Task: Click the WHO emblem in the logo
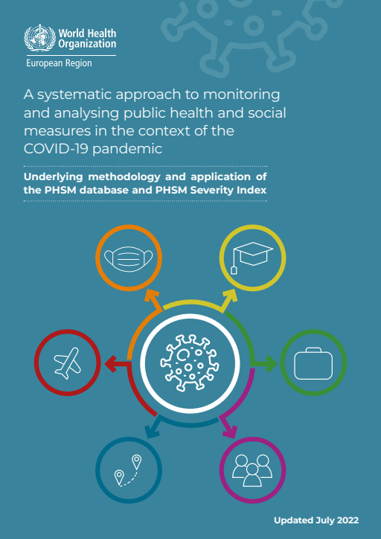pos(39,38)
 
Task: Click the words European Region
pos(59,63)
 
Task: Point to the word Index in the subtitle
pos(254,190)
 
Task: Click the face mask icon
pos(129,258)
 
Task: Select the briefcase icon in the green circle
pos(313,363)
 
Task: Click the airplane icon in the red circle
pos(67,363)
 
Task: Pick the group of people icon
pos(252,471)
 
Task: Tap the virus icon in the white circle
pos(190,363)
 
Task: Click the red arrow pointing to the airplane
pos(116,364)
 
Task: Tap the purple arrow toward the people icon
pos(228,427)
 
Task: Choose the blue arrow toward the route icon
pos(153,427)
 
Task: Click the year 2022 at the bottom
pos(347,520)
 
